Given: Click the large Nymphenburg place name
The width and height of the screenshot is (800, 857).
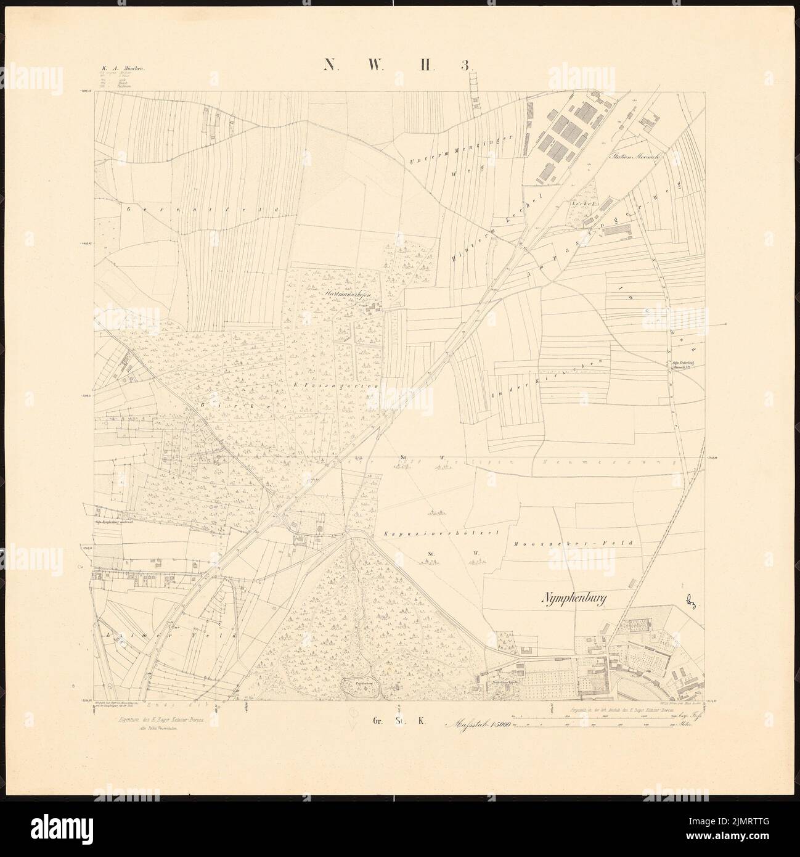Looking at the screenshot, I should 579,597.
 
